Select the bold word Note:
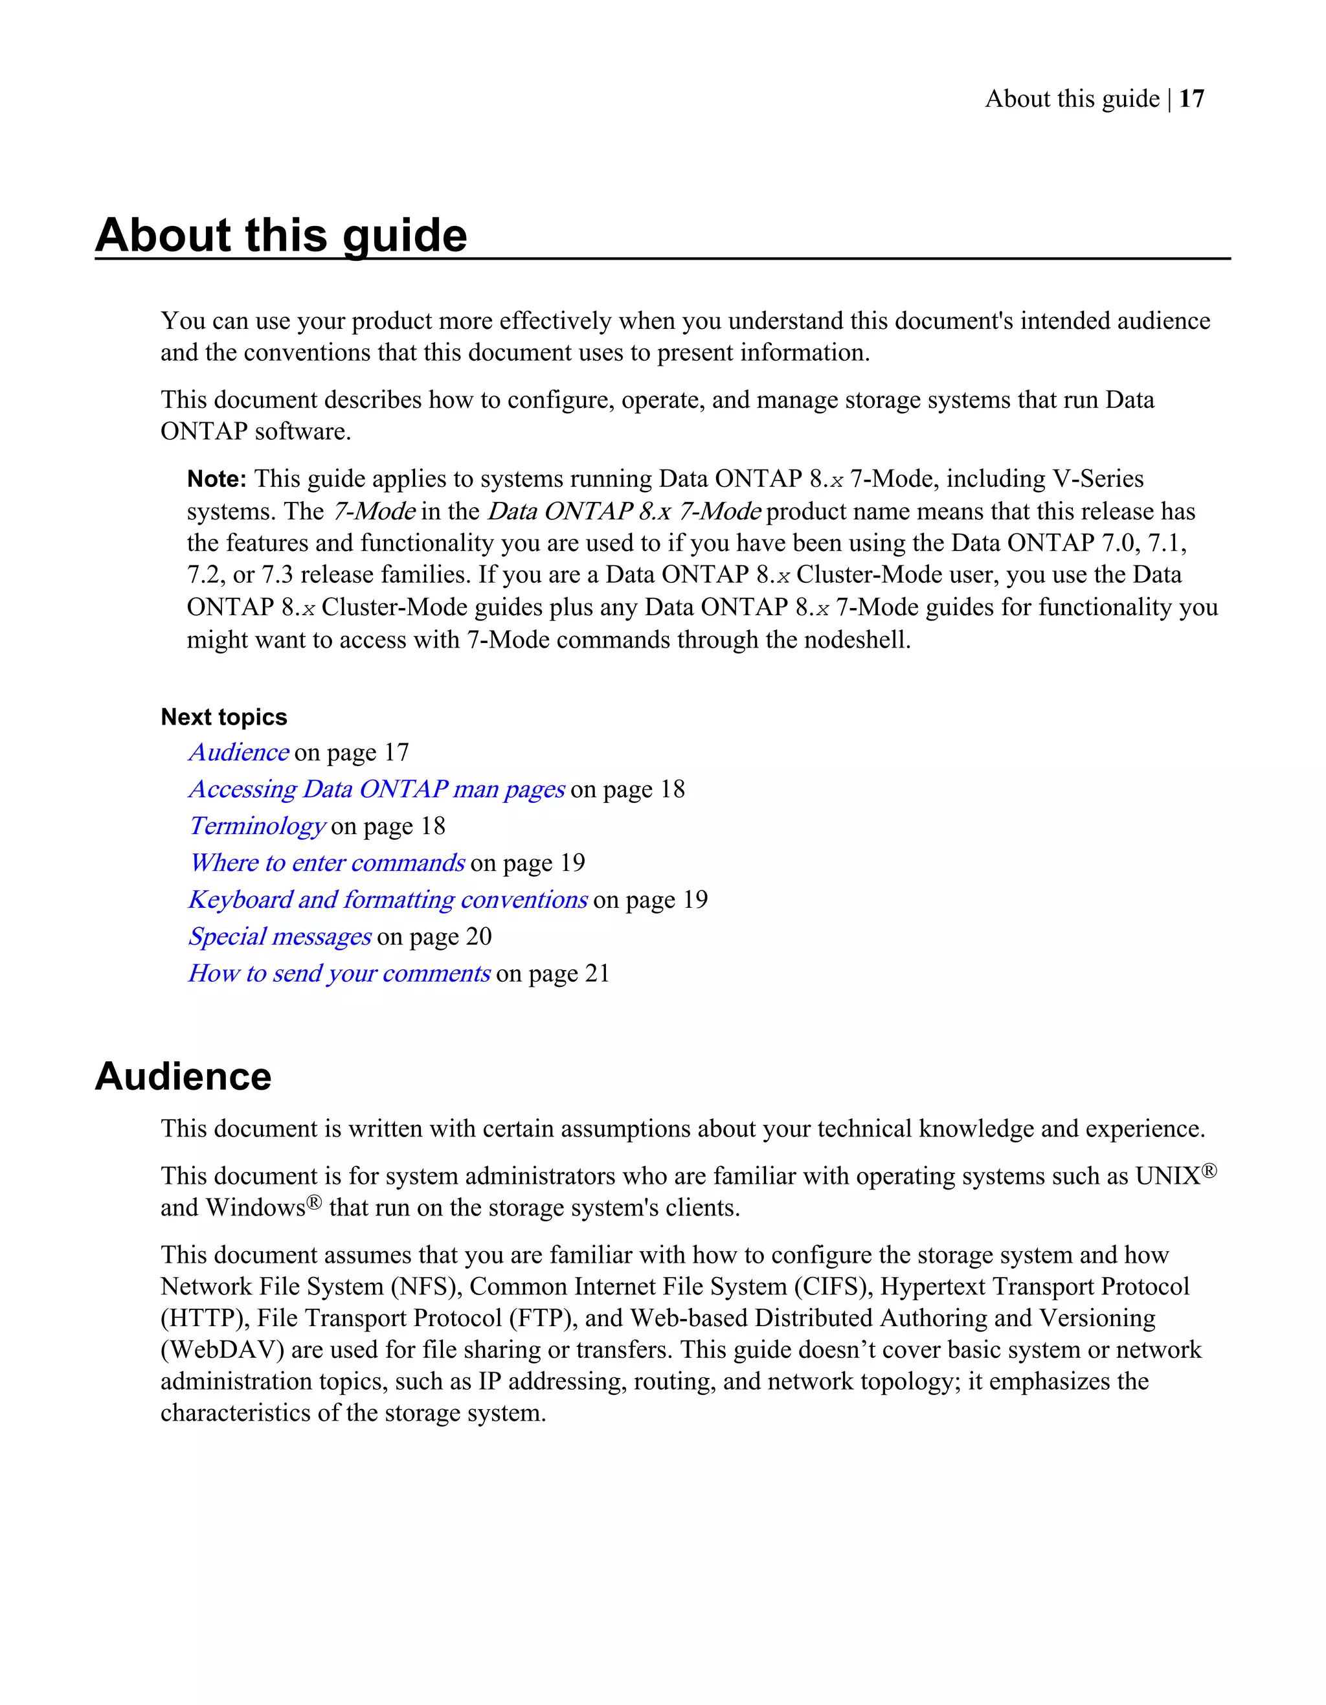[x=216, y=479]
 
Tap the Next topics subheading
[x=223, y=717]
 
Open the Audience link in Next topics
[x=239, y=752]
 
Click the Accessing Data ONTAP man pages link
[x=376, y=789]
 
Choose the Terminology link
[x=257, y=826]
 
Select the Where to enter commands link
[x=327, y=863]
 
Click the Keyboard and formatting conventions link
[x=388, y=899]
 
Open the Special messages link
[x=280, y=936]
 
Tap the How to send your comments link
[x=339, y=973]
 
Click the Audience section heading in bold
[x=183, y=1077]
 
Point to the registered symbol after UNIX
[x=1209, y=1170]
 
